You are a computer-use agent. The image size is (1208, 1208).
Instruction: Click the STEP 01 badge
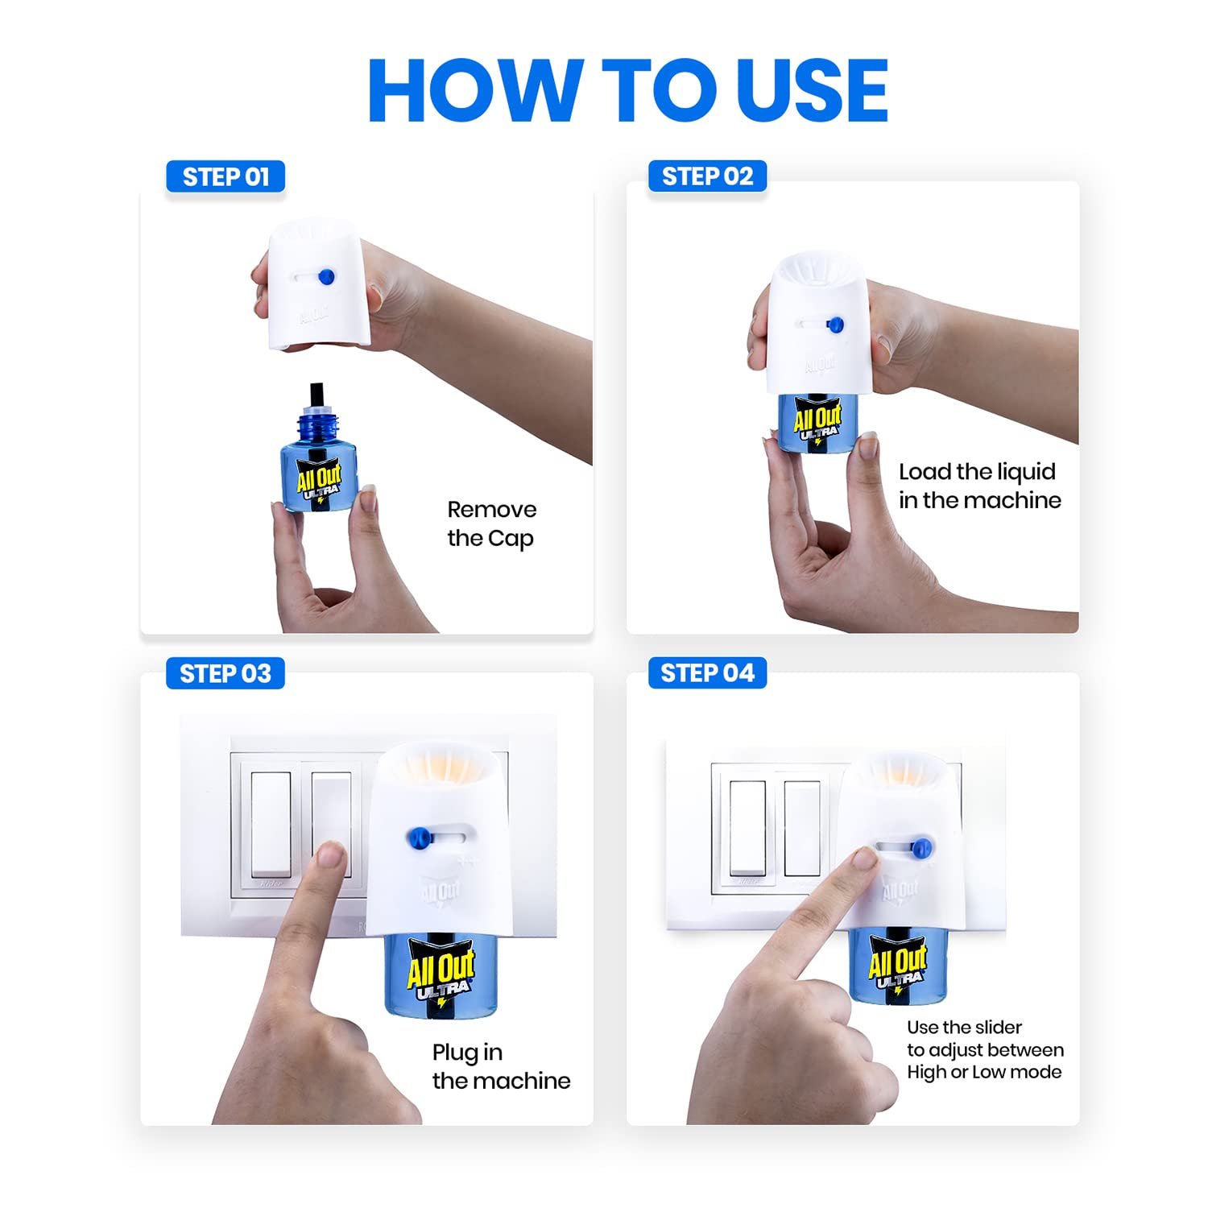coord(225,177)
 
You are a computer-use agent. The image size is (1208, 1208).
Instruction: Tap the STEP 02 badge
coord(707,176)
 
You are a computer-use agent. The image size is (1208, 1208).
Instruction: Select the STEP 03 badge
coord(225,673)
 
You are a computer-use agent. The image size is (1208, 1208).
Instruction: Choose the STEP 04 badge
coord(707,672)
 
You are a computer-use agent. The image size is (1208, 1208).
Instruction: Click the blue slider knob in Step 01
coord(326,277)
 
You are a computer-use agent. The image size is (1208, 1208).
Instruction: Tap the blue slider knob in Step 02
coord(835,325)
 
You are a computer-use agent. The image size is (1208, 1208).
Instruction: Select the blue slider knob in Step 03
coord(418,838)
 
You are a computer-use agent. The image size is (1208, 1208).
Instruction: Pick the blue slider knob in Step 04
coord(922,847)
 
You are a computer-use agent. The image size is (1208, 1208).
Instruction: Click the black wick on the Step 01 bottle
coord(316,396)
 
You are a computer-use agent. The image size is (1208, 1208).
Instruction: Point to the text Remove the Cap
coord(491,523)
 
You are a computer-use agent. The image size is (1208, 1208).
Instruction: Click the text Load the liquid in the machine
coord(979,486)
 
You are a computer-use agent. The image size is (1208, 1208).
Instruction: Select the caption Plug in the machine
coord(500,1066)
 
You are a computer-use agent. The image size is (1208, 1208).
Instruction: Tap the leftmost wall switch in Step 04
coord(747,827)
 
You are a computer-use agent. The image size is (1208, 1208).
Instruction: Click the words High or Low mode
coord(984,1072)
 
